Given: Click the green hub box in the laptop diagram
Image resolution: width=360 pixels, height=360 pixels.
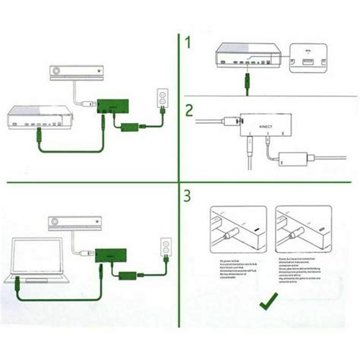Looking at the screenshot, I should click(112, 254).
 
